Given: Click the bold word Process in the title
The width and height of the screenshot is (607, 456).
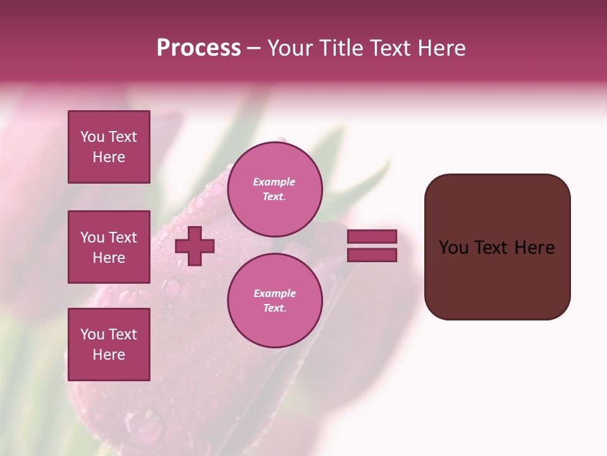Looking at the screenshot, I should (x=199, y=48).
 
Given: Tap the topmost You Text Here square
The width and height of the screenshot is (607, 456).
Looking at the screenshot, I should (x=109, y=147).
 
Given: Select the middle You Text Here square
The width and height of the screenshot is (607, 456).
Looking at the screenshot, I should (x=109, y=247).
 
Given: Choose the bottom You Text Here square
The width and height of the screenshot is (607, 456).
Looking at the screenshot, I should (x=109, y=345).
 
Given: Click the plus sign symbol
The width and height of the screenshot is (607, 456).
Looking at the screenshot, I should (x=195, y=246).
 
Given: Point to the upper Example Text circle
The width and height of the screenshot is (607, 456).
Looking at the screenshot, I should (x=274, y=189).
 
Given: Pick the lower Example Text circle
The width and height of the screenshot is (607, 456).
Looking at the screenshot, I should (x=274, y=300).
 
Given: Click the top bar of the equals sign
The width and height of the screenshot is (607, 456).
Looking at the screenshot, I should (x=372, y=236).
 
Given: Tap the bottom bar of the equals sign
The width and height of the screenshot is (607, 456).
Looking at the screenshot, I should (x=372, y=255).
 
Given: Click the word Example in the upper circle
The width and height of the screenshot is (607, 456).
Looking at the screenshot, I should (x=274, y=182).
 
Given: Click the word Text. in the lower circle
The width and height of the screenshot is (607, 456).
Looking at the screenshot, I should (x=274, y=308).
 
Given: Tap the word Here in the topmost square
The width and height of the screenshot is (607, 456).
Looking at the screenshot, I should (x=109, y=157).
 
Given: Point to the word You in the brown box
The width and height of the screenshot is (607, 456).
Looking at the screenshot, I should (x=453, y=248).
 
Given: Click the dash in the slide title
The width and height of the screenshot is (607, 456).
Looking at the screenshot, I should (x=254, y=49).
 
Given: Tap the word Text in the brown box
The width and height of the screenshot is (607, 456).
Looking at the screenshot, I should (x=493, y=248).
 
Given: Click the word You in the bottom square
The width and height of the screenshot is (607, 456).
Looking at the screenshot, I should (x=92, y=334).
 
